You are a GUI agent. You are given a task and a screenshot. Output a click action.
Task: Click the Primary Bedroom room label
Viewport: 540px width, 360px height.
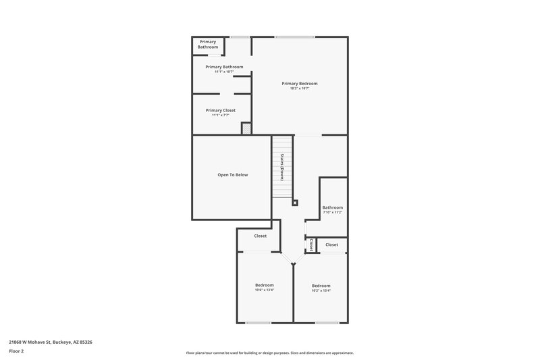pos(300,83)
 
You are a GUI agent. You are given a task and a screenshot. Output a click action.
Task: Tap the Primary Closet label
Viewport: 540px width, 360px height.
pos(221,110)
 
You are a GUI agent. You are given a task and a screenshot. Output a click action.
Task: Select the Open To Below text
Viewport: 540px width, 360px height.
pos(232,175)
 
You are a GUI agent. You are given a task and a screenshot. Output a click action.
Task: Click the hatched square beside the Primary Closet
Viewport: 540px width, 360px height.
pos(246,128)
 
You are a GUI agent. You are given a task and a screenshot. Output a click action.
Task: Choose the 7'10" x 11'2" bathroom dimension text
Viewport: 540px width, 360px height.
pos(332,212)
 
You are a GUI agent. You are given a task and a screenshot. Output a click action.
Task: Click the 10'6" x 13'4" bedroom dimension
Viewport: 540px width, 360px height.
pos(264,290)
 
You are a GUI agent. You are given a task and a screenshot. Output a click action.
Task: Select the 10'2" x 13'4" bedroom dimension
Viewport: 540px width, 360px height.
pos(321,291)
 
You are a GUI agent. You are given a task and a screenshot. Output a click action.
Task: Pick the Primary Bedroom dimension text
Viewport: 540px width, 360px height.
pos(300,88)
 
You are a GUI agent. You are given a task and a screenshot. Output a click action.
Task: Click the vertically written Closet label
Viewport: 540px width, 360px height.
pos(310,245)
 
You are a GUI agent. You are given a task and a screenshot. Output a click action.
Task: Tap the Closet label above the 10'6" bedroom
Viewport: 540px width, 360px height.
pos(260,236)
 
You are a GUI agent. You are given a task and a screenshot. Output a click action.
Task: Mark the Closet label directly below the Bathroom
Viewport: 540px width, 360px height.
pos(331,245)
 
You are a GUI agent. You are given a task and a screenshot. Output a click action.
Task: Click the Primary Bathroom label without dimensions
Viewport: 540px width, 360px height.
pos(208,44)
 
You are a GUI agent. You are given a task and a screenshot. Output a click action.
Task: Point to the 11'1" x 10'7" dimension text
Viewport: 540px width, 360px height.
pos(224,72)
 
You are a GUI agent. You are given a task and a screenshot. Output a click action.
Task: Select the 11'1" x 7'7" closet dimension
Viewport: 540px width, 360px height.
pos(221,115)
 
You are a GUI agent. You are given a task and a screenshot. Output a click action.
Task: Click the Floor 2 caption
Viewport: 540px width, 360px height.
pos(16,351)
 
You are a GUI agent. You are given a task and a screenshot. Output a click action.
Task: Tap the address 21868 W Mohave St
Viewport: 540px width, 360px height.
pos(50,342)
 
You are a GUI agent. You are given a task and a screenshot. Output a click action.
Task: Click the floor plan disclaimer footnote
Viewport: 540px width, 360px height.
pos(269,353)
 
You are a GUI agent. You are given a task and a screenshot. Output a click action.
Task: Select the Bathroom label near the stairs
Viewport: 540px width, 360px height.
pos(332,207)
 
